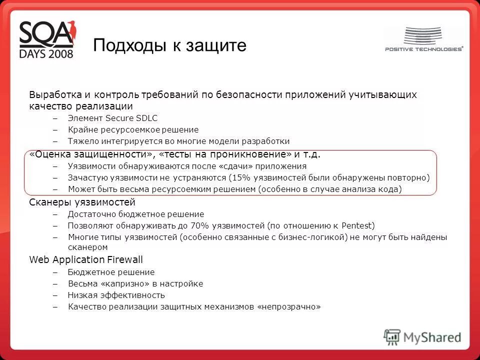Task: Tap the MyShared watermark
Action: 422,336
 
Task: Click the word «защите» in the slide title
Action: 216,45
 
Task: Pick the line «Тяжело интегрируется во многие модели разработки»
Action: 178,141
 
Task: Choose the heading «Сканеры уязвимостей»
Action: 82,202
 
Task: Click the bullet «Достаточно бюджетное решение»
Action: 136,214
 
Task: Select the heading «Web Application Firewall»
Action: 86,259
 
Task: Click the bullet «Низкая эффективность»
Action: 116,295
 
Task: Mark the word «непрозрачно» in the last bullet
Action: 288,306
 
